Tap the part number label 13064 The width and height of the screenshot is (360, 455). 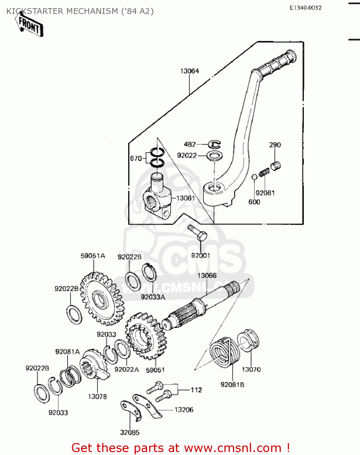tap(190, 71)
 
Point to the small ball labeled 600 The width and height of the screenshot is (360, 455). tap(254, 177)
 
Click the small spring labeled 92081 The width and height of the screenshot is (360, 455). tap(264, 173)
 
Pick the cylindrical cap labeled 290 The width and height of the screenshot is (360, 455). tap(275, 166)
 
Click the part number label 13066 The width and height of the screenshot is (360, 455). tap(207, 275)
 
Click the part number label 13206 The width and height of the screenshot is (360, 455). tap(184, 410)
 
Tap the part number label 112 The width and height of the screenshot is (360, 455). tap(196, 390)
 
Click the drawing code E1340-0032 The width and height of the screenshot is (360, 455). tap(305, 8)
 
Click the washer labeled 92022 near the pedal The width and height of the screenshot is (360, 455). tap(215, 156)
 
